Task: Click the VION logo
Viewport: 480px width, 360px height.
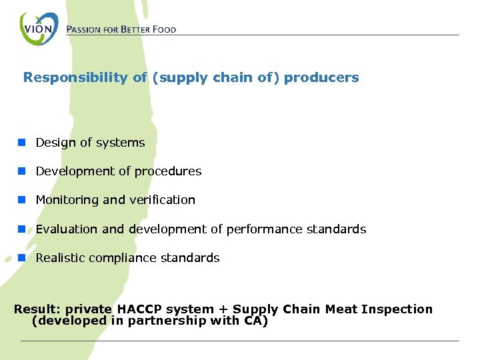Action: click(x=39, y=29)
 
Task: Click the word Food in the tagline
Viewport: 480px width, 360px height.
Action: click(x=164, y=29)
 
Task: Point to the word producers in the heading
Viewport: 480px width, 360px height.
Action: click(x=321, y=77)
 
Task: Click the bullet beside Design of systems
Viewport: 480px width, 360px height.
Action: click(x=22, y=142)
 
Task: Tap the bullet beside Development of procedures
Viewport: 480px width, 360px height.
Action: click(x=22, y=171)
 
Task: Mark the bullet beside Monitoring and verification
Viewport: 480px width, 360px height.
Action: click(x=22, y=199)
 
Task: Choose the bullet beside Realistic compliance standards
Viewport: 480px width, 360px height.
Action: click(x=22, y=257)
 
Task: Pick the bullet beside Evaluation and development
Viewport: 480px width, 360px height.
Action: click(x=22, y=229)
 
